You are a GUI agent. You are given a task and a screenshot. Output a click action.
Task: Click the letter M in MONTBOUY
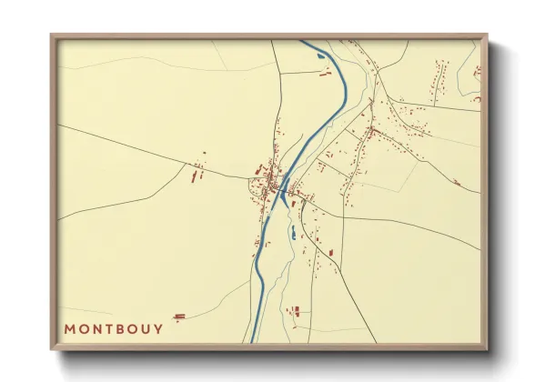[70, 328]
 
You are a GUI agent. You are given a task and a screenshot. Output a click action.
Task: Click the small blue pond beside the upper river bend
[319, 58]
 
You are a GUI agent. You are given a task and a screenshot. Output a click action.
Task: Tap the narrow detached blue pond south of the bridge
[293, 235]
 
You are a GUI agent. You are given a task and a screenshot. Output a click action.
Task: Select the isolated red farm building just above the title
[178, 316]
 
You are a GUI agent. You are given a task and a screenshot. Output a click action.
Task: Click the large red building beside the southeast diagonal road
[331, 252]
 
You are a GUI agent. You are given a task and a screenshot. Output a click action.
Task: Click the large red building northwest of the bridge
[258, 170]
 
